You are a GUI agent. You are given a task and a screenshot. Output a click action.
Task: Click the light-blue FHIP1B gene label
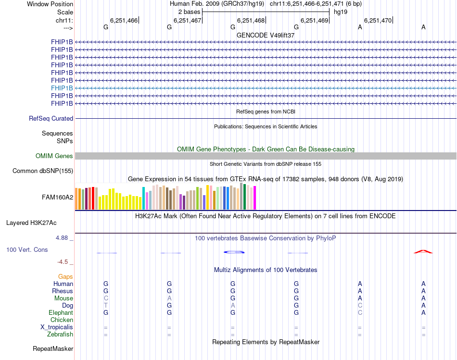62,88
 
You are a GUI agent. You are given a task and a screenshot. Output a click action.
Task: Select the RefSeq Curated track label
51,118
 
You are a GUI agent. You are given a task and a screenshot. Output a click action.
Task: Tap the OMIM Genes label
54,156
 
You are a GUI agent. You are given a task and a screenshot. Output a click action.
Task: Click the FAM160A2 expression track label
57,197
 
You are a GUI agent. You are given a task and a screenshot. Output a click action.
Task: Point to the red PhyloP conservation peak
423,251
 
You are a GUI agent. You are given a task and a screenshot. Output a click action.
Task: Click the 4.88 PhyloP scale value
63,237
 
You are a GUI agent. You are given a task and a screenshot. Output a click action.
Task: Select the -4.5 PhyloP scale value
64,262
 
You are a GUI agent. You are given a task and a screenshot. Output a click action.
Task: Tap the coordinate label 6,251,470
378,20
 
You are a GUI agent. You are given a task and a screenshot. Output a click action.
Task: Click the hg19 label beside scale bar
341,11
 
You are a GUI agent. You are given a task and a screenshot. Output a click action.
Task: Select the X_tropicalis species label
57,327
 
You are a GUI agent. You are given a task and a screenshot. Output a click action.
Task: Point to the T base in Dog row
106,305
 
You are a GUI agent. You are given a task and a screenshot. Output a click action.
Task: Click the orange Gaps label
65,276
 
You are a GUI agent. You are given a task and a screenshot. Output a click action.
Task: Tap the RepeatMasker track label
53,348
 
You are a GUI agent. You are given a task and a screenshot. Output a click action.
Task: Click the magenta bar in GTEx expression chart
255,198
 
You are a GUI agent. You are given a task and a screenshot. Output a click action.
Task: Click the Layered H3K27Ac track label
31,223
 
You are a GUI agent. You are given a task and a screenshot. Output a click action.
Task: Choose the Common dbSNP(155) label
43,171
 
